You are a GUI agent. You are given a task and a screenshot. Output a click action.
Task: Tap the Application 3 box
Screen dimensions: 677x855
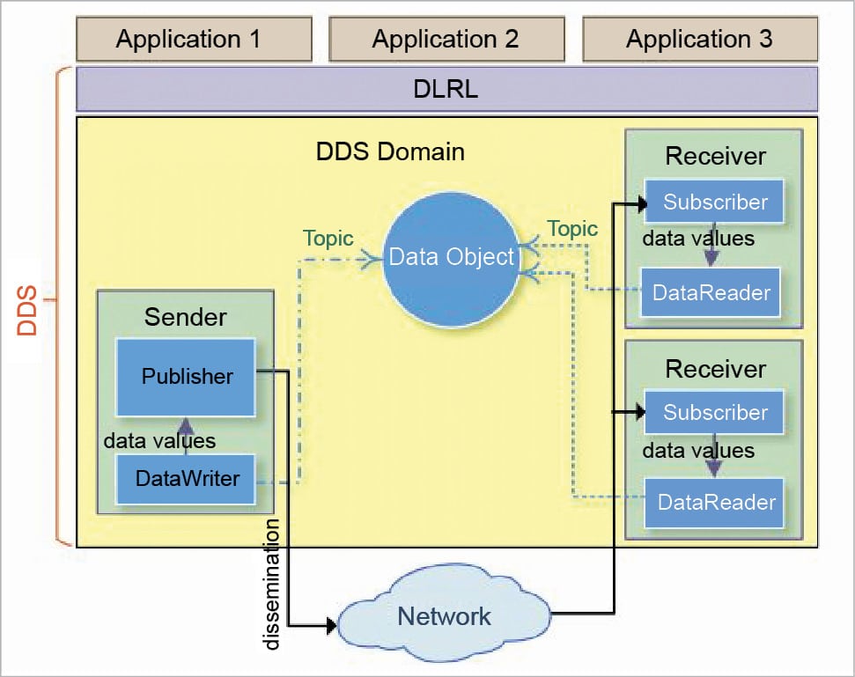pos(700,39)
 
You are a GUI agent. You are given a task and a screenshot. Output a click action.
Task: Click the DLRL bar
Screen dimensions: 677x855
pos(446,89)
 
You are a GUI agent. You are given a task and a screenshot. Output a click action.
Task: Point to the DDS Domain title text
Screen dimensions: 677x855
pos(390,151)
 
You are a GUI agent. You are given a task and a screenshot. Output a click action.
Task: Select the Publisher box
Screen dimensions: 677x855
pos(187,377)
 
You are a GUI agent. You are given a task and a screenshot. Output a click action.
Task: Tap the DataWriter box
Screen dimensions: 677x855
pos(187,479)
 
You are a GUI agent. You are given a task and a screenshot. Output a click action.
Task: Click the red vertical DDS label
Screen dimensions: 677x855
pos(28,309)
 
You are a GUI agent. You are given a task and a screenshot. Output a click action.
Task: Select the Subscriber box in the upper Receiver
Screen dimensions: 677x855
pos(714,202)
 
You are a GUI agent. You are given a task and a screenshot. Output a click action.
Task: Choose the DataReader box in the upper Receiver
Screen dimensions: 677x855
pos(712,293)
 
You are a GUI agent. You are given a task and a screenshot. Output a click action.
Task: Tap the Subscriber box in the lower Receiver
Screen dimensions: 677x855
pos(714,413)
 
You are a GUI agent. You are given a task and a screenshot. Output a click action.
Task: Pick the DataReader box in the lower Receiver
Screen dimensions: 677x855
pos(715,503)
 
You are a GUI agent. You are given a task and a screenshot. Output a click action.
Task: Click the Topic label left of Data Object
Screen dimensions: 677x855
pos(328,239)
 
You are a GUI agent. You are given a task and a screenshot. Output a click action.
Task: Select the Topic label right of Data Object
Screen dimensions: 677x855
pos(571,230)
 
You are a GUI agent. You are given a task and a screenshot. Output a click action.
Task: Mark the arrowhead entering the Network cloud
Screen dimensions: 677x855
pos(331,626)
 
